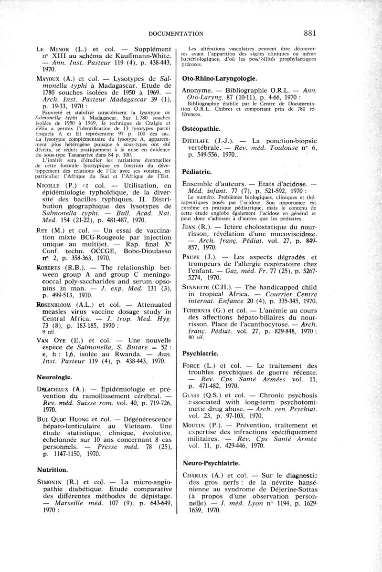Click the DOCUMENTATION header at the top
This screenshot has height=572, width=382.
pyautogui.click(x=177, y=33)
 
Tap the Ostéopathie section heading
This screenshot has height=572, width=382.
pyautogui.click(x=202, y=128)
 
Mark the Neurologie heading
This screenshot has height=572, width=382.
pyautogui.click(x=54, y=376)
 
